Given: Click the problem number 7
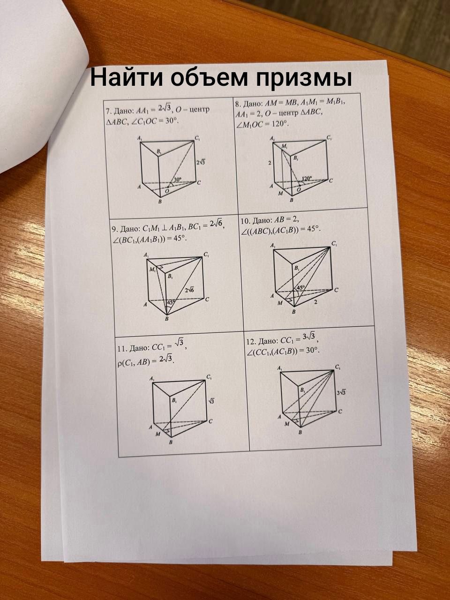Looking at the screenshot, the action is click(108, 111).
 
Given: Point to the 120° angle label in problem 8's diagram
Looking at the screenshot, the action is click(307, 178).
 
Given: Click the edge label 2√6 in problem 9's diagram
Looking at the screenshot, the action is click(189, 290).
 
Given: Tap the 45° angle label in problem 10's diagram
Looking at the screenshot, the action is click(300, 287).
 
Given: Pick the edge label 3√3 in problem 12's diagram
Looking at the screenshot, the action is click(341, 392).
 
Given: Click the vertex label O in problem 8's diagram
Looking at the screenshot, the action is click(299, 189).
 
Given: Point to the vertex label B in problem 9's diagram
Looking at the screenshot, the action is click(167, 319).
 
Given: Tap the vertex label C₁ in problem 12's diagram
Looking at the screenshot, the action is click(337, 367).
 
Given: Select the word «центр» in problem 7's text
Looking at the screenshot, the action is click(200, 110).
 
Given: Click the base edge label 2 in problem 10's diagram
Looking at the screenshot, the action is click(315, 302).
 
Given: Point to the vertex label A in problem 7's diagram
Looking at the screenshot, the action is click(139, 187).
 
